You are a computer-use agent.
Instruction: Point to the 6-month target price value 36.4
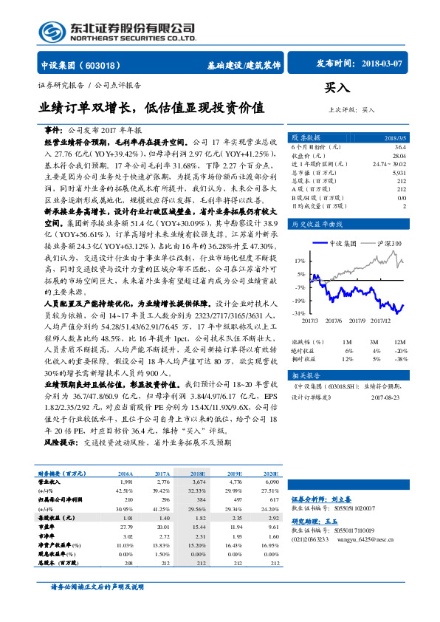coord(399,147)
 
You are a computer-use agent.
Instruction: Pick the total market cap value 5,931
coord(398,172)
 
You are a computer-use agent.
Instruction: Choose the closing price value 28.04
coord(398,155)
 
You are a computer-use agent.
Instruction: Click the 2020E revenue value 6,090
coord(272,481)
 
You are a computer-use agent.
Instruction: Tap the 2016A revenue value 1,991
coord(126,481)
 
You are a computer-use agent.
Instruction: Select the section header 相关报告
coord(303,375)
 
